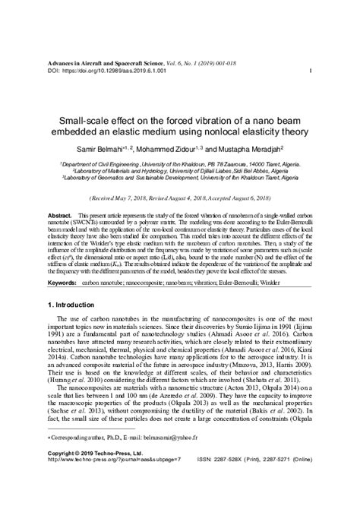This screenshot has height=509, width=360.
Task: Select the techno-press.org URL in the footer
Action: [121, 480]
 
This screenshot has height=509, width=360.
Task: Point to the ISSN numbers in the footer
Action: [261, 480]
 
